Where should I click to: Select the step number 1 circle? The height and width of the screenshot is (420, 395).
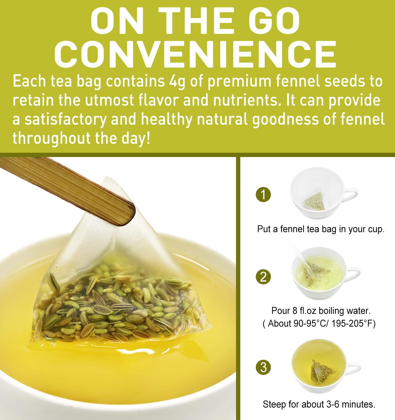(x=263, y=195)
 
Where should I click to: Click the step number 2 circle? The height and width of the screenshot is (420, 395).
(x=263, y=277)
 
